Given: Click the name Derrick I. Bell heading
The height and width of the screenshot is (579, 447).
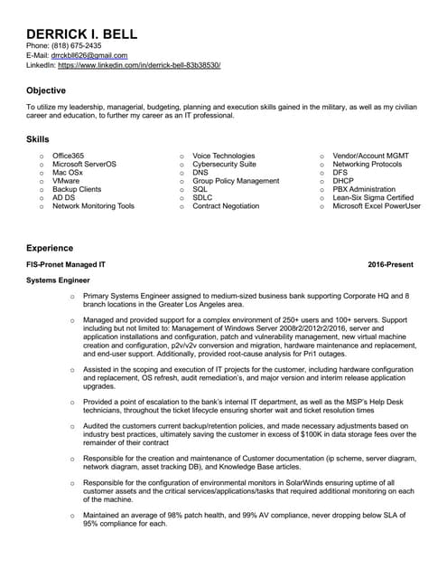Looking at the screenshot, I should [81, 33].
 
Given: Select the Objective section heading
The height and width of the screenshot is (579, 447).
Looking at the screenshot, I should [46, 90].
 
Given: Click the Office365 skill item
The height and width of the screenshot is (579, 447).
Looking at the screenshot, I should [68, 156].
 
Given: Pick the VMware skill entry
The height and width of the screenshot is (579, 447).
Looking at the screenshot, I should [67, 181].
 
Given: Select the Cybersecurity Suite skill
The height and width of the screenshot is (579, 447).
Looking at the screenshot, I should [224, 165].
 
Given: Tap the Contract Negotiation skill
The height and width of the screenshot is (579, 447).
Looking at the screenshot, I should [226, 206].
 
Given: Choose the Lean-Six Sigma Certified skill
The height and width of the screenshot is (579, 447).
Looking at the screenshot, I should [373, 197].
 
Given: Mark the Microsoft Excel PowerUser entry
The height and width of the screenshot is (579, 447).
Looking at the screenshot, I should [377, 206].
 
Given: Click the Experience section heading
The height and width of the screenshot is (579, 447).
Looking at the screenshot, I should [49, 247].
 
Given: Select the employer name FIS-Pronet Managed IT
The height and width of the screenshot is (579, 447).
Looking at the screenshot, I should [66, 264].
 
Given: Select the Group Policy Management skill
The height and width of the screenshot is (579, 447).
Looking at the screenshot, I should [236, 181].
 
